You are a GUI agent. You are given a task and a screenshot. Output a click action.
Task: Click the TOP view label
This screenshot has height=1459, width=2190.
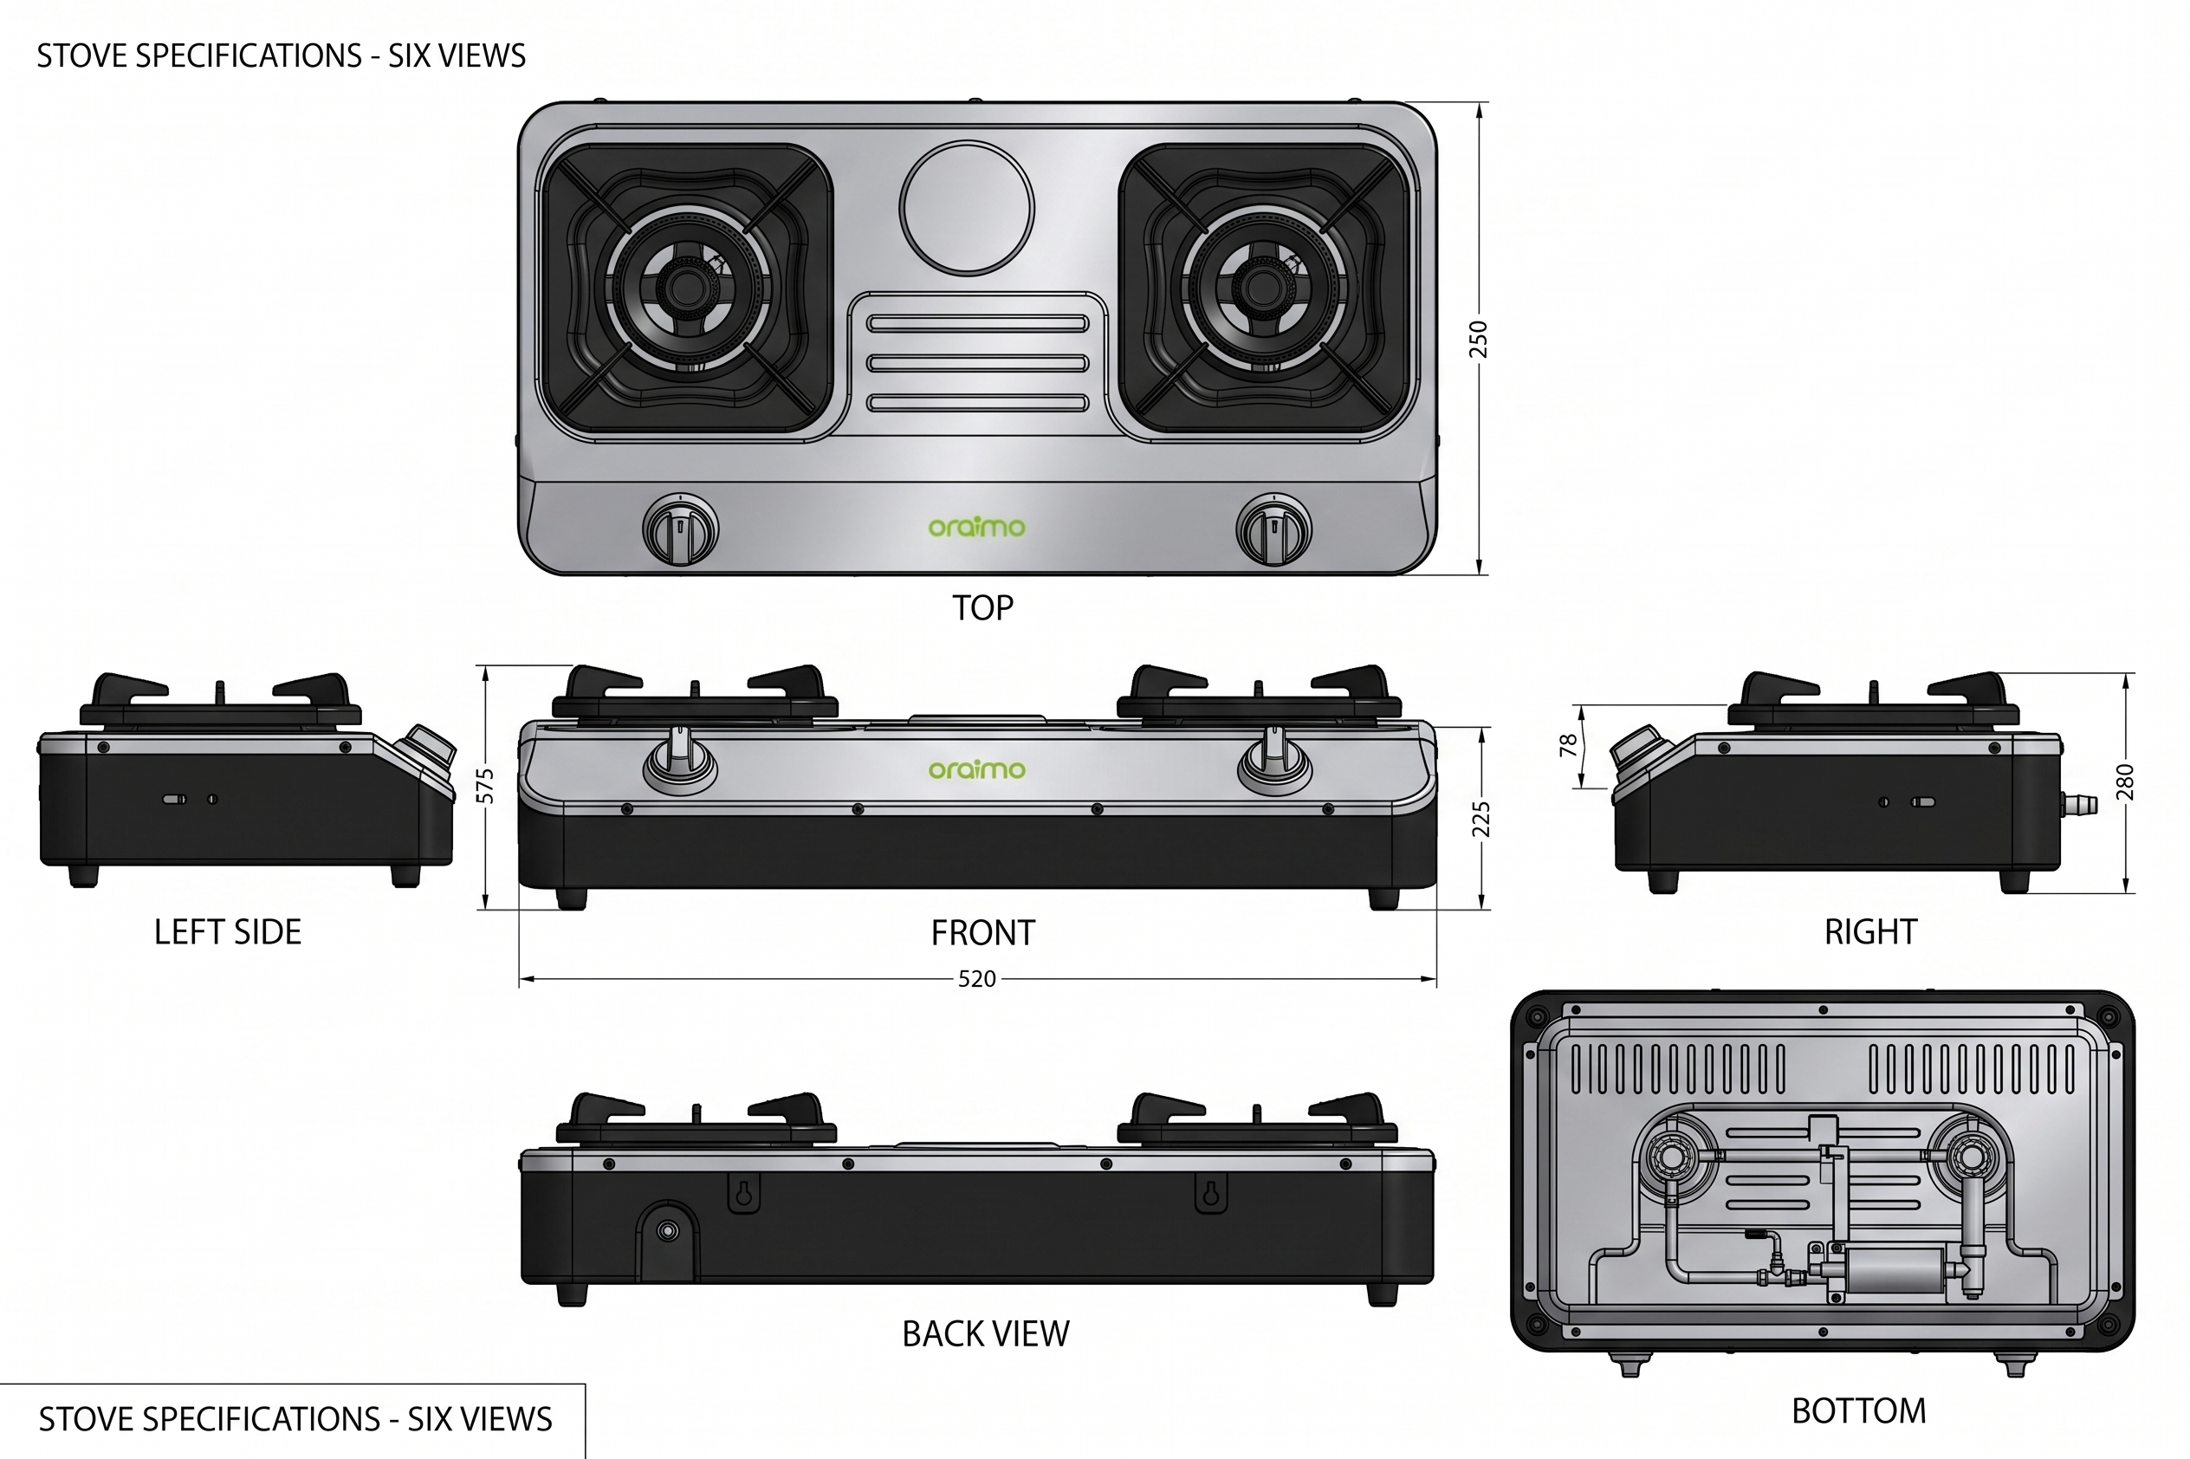[x=982, y=607]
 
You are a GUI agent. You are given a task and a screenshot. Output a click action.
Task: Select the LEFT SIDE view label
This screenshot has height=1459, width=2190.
[x=228, y=931]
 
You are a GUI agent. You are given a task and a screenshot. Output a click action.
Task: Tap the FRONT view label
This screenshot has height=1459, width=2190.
[x=982, y=932]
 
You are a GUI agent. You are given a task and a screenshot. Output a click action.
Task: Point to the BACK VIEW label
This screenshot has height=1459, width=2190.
[x=986, y=1333]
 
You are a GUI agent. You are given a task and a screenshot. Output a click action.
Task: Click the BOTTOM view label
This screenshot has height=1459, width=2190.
[x=1859, y=1410]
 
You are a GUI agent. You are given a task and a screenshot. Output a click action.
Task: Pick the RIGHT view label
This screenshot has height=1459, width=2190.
[x=1871, y=931]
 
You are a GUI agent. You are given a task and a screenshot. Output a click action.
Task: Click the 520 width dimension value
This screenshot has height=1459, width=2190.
[x=977, y=979]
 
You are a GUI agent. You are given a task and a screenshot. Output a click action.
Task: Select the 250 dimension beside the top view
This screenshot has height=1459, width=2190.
[x=1478, y=339]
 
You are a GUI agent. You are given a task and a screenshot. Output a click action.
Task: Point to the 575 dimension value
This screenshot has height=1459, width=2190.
[x=485, y=785]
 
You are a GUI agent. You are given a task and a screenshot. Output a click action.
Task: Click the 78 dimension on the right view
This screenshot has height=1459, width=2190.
[x=1569, y=746]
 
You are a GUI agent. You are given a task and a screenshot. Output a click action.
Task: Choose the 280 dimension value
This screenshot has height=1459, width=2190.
[x=2124, y=782]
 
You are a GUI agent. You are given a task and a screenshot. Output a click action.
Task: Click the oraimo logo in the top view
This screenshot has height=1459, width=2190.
[x=977, y=527]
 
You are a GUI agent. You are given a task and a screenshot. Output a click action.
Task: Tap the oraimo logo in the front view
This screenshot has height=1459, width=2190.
[x=977, y=768]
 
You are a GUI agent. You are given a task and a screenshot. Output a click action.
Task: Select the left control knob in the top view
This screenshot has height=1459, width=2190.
[x=681, y=528]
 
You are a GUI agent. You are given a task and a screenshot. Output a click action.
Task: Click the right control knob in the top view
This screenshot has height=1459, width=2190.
[x=1273, y=528]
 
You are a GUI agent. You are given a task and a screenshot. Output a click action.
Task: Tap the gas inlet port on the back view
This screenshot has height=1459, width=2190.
[x=667, y=1231]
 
